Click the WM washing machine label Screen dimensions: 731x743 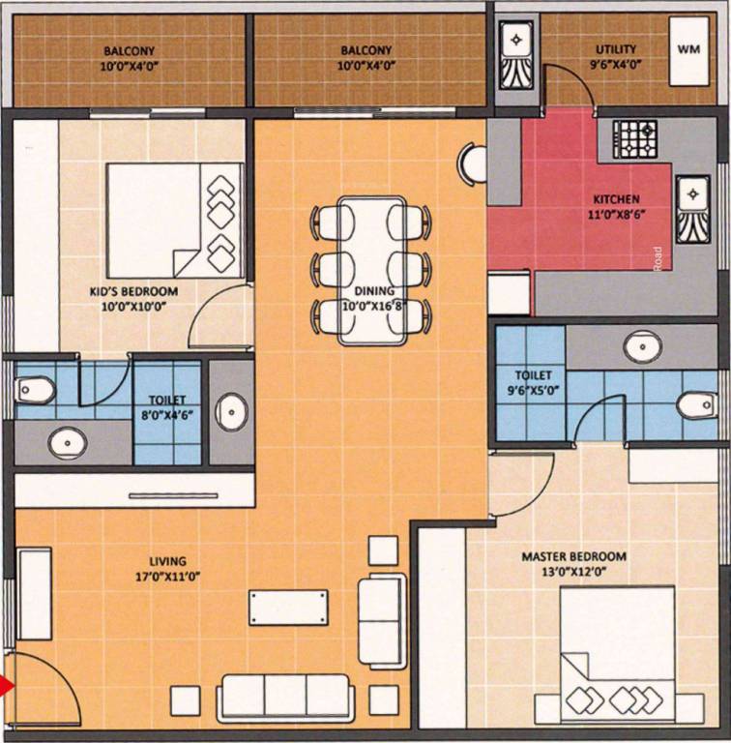(x=688, y=48)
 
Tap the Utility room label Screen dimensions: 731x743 (x=616, y=49)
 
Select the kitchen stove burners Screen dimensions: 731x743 (x=635, y=139)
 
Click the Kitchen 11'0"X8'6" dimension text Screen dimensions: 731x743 (x=617, y=214)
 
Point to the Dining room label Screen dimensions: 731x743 (x=374, y=290)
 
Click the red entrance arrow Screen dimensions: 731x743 (x=6, y=686)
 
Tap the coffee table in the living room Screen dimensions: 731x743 (x=288, y=607)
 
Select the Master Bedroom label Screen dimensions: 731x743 (x=573, y=556)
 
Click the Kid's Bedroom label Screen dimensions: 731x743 (x=134, y=291)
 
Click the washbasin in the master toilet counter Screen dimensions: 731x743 (x=642, y=346)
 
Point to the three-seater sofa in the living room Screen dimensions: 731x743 (x=285, y=696)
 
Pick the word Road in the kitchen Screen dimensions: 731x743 (x=658, y=258)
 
